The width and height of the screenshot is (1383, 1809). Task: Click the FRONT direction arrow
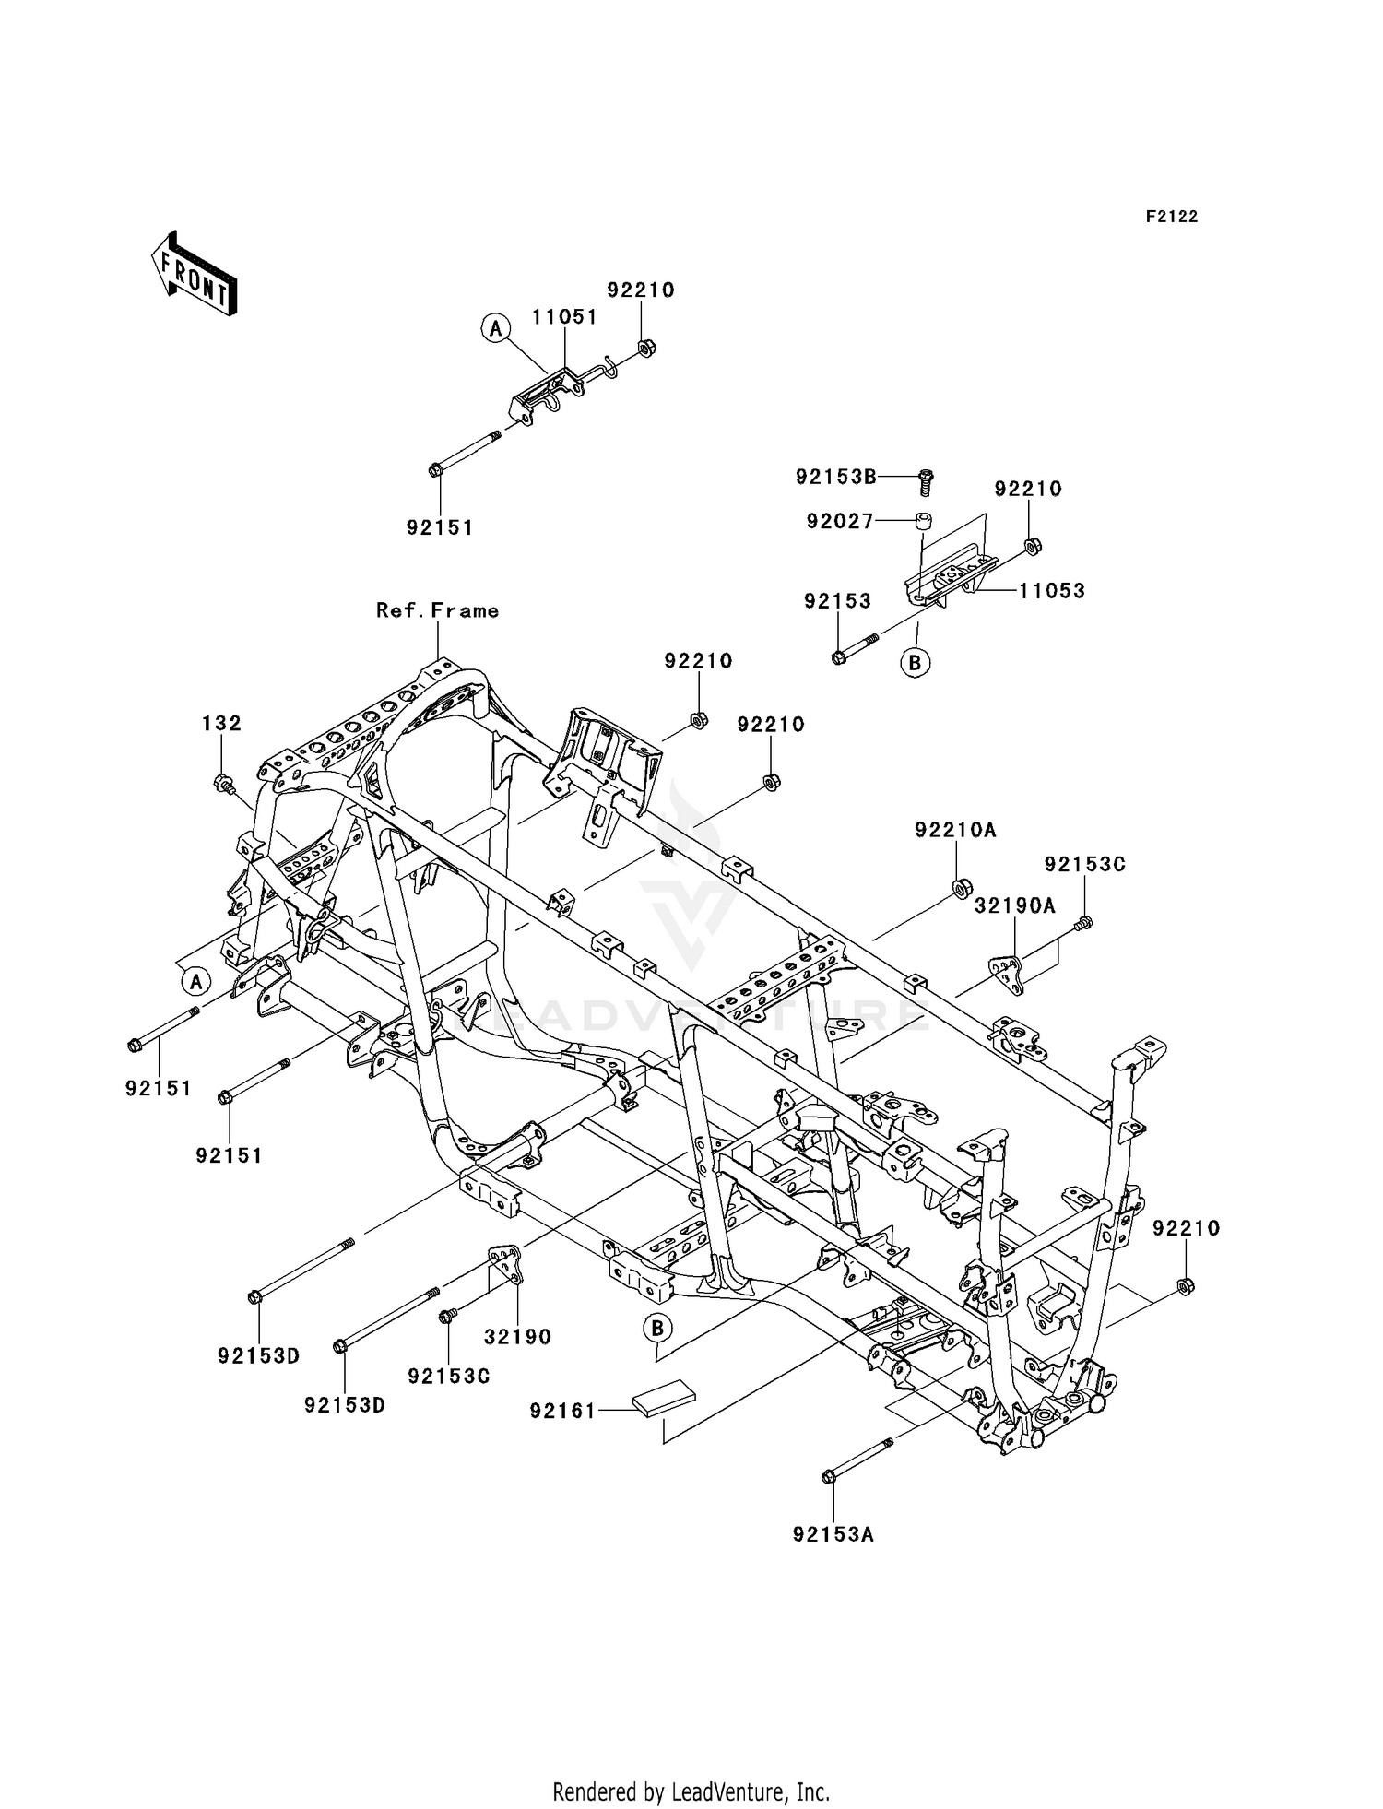point(195,274)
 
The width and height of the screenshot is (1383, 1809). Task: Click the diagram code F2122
point(1172,217)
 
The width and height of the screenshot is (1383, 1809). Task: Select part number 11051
point(564,317)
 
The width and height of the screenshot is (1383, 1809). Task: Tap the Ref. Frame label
point(437,610)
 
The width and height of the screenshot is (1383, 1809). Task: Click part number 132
point(221,724)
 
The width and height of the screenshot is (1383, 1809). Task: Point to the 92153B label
point(836,477)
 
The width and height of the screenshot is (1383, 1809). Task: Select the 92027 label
point(839,522)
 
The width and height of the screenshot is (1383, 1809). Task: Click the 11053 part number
point(1051,591)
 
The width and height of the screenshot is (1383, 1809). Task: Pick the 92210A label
point(955,830)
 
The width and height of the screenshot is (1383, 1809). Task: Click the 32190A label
point(1014,906)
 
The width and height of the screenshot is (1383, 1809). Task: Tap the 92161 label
point(562,1411)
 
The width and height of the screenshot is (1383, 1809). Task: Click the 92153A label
point(833,1535)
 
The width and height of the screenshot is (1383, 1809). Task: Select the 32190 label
point(517,1336)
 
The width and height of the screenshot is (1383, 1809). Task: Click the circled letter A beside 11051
point(495,327)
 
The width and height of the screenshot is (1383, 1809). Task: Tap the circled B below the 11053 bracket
point(916,662)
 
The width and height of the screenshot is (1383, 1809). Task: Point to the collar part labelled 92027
point(924,522)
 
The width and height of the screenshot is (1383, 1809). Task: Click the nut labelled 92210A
point(959,888)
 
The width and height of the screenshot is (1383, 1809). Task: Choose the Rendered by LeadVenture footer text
point(691,1791)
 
